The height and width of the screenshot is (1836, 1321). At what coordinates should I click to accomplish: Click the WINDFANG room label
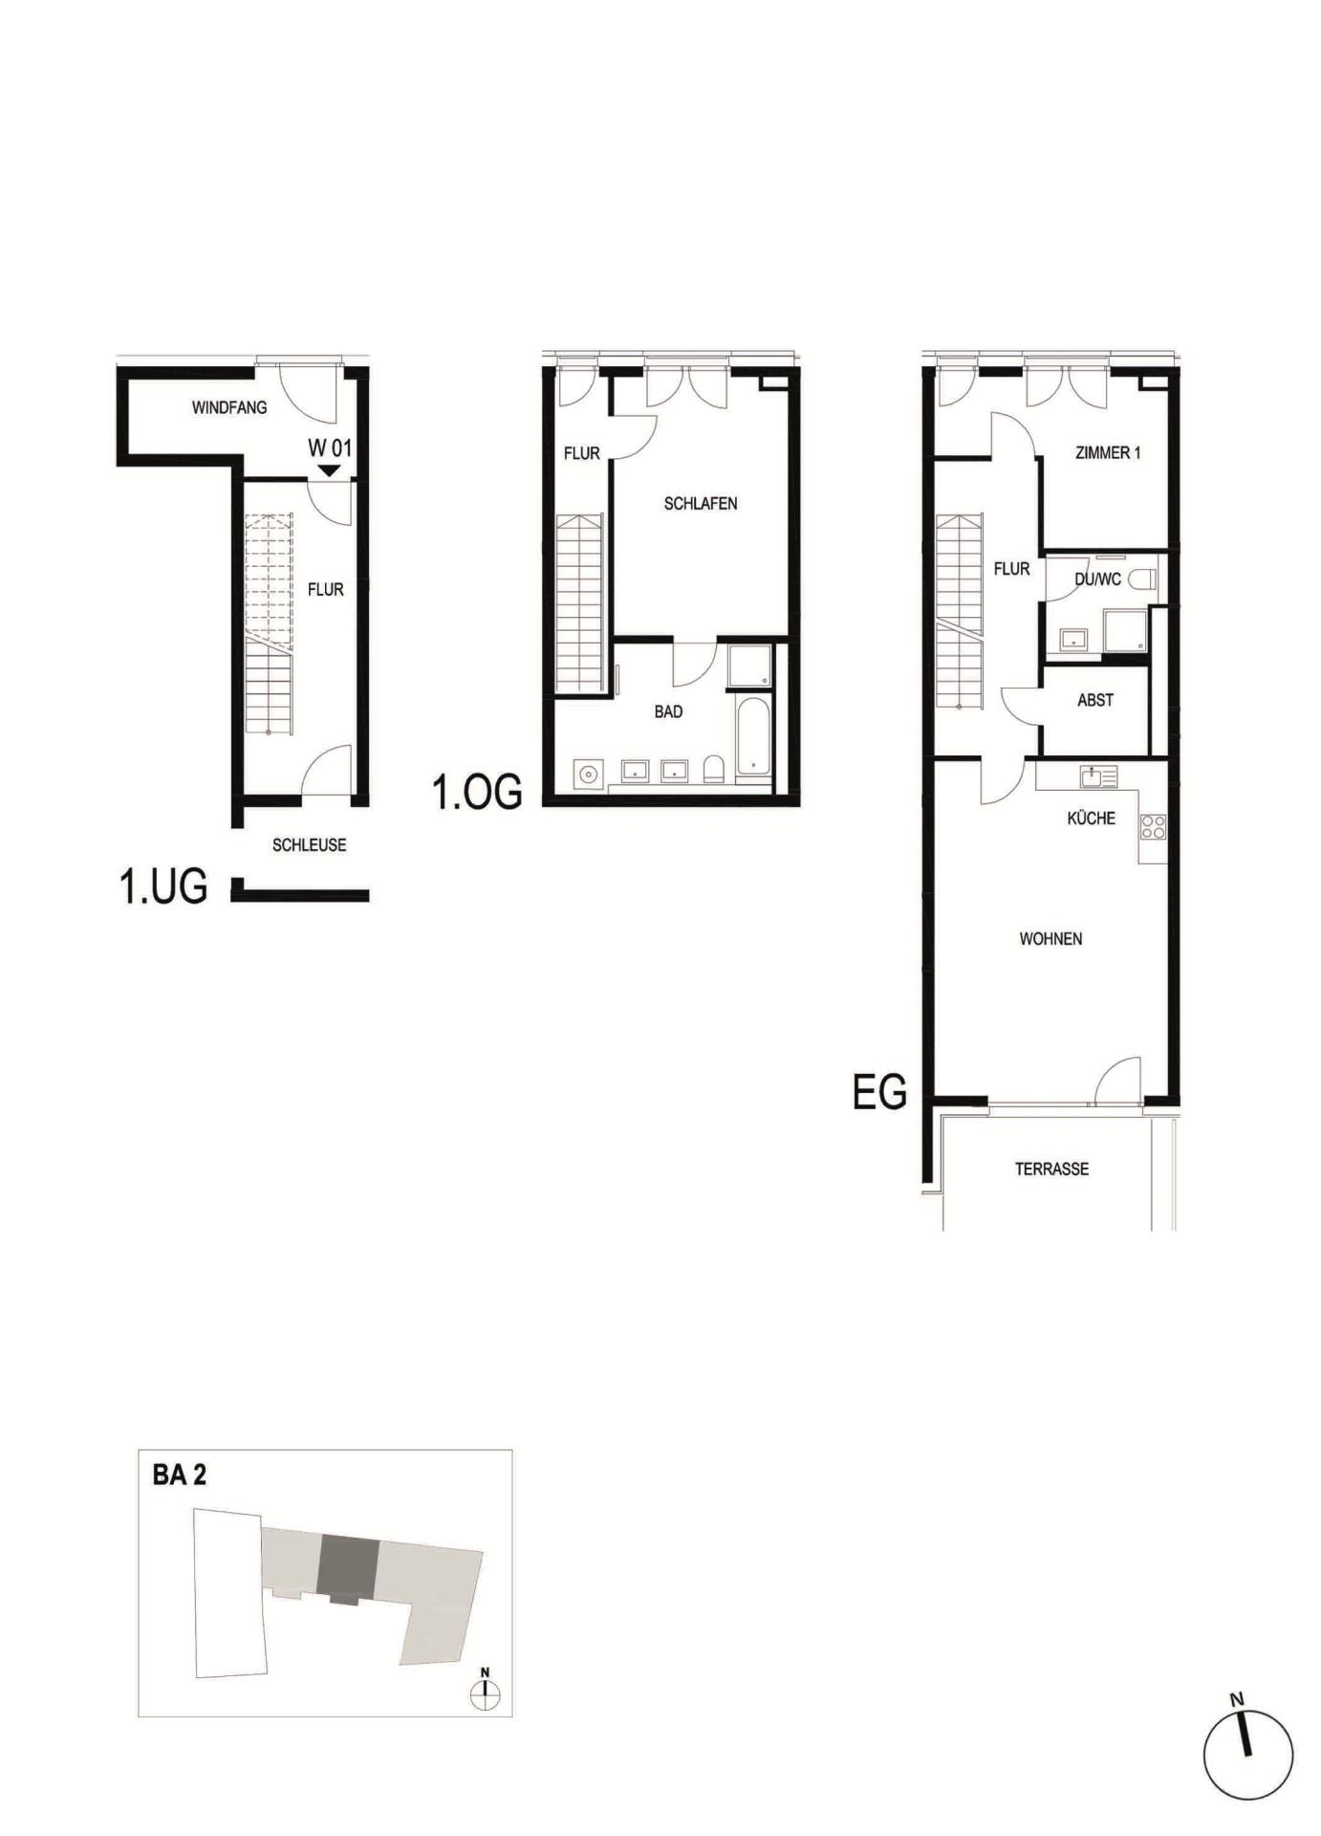point(229,407)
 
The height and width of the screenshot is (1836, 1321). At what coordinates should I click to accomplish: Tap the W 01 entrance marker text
point(330,448)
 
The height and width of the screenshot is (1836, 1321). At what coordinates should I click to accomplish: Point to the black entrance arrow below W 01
point(329,470)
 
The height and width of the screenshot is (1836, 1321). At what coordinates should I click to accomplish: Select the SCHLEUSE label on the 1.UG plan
point(309,845)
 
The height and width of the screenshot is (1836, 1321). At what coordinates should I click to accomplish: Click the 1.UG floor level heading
point(163,886)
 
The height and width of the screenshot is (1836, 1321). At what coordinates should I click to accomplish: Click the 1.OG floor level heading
point(478,792)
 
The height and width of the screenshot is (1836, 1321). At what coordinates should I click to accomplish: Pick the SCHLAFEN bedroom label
point(701,504)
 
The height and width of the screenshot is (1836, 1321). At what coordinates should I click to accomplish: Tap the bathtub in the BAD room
point(753,733)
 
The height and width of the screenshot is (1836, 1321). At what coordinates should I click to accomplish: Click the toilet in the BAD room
point(713,770)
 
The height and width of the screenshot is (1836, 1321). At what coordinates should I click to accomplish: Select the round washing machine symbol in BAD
point(588,773)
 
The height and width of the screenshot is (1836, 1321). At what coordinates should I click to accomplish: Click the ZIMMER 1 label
point(1108,453)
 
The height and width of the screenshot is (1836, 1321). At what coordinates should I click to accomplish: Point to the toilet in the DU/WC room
point(1142,579)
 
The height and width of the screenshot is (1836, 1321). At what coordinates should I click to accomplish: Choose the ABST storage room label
point(1095,700)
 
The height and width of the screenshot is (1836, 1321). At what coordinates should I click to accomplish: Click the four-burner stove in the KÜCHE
point(1153,826)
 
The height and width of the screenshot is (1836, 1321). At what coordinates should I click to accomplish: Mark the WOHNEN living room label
point(1050,939)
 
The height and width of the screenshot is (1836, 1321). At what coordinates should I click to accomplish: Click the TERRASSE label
point(1051,1169)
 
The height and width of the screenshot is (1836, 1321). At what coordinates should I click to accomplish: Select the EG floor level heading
point(879,1092)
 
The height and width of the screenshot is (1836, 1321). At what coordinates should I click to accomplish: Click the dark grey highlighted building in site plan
point(348,1569)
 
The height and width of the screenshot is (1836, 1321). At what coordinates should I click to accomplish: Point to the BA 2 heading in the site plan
point(180,1475)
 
